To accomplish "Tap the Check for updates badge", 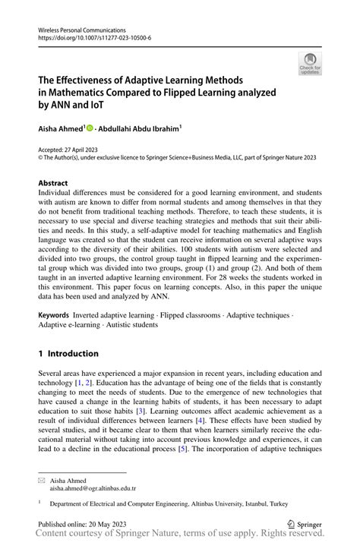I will point(310,65).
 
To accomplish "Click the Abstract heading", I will point(53,183).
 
